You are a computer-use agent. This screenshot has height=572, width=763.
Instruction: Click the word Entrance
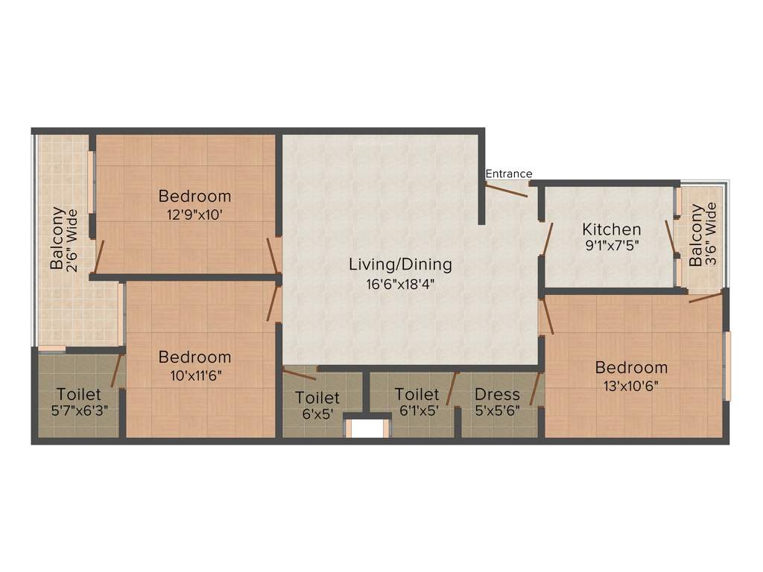pos(509,174)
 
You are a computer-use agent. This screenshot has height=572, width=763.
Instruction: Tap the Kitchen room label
pos(611,229)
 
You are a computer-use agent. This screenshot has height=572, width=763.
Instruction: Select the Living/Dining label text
pos(400,264)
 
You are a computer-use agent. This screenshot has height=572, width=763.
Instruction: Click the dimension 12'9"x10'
pos(194,215)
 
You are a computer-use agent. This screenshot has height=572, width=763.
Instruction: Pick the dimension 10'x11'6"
pos(194,375)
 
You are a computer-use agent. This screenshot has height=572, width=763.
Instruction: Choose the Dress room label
pos(497,394)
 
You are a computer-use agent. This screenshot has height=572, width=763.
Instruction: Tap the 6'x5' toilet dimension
pos(317,416)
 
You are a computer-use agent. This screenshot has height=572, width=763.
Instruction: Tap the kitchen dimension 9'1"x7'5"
pos(611,246)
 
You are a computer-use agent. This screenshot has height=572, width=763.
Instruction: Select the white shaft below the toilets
pos(367,430)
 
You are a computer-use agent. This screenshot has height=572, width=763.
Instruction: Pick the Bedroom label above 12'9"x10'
pos(194,197)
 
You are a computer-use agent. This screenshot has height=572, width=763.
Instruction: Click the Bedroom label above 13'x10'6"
pos(630,367)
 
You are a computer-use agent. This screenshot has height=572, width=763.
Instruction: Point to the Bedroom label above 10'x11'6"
pos(194,357)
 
